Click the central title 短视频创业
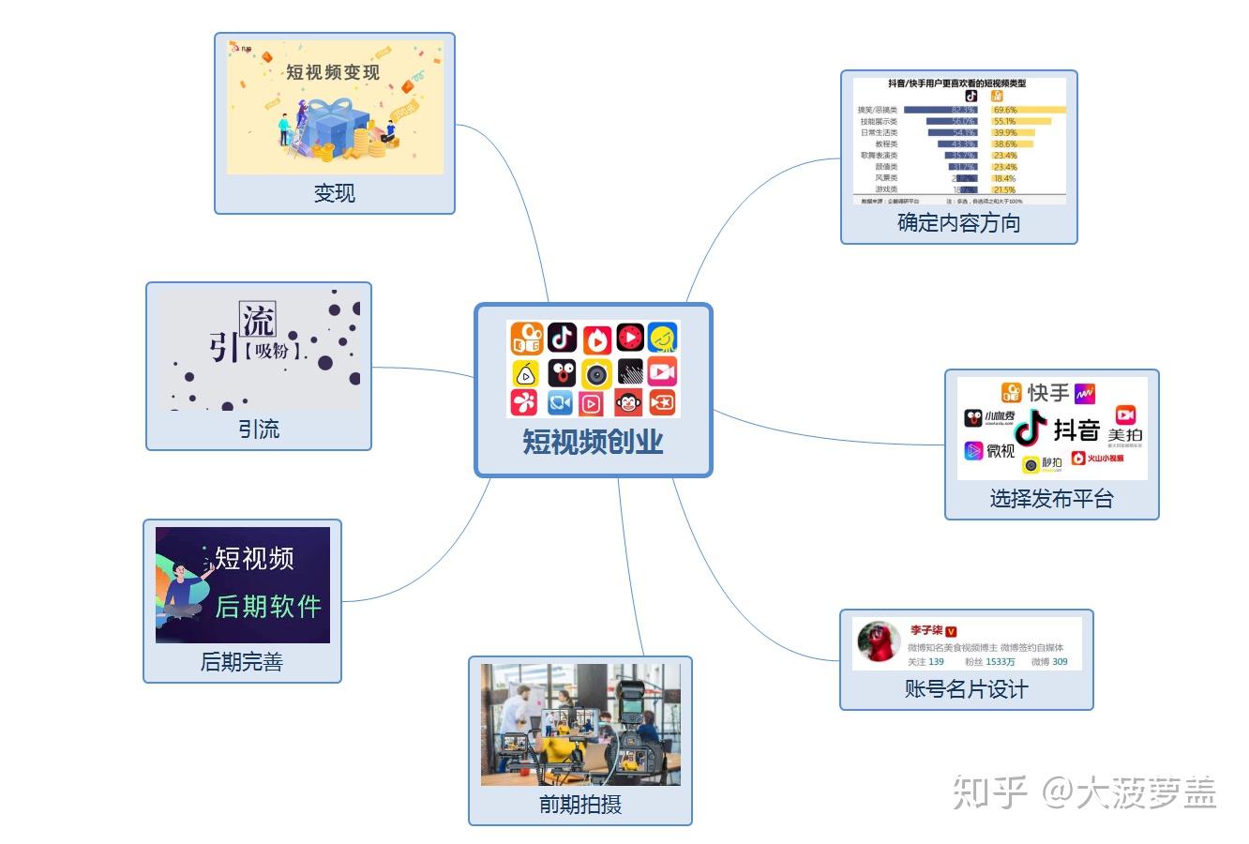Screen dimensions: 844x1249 pos(593,441)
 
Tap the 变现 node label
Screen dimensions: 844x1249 pos(334,193)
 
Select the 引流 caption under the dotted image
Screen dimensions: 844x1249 pos(258,430)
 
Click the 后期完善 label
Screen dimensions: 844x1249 pos(241,662)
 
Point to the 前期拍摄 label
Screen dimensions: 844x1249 pos(579,804)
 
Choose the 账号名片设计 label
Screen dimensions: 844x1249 pos(966,689)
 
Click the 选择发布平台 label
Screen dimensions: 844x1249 pos(1051,498)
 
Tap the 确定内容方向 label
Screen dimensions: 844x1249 pos(958,222)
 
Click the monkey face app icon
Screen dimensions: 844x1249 pos(628,403)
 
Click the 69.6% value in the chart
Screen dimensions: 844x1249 pos(1005,110)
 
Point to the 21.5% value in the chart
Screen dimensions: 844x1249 pos(1004,189)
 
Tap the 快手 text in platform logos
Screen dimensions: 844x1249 pos(1047,392)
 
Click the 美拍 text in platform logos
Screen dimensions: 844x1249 pos(1124,435)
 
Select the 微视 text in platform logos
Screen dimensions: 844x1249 pos(1001,451)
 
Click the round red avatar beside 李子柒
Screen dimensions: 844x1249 pos(879,642)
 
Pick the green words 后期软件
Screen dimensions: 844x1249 pos(268,606)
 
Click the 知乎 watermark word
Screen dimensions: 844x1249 pos(990,793)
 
